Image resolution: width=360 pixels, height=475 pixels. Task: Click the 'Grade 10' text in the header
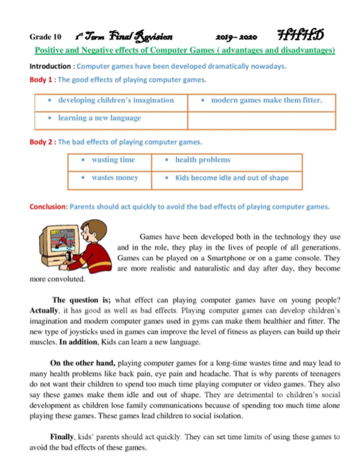(x=45, y=37)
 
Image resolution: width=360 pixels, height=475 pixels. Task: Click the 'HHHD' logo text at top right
(x=300, y=35)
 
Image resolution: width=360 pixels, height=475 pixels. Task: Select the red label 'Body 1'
(x=41, y=80)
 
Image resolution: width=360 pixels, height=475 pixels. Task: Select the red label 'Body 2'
(x=41, y=142)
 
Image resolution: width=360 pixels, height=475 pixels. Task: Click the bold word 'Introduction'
(x=50, y=66)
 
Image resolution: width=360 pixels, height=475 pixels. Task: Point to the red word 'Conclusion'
(x=48, y=207)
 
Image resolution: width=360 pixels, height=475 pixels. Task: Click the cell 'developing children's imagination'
(x=116, y=100)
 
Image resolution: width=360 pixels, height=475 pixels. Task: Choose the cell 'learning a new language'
(x=99, y=118)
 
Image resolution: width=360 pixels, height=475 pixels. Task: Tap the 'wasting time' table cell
(x=113, y=160)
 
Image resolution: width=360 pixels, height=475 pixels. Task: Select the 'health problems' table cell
(x=202, y=160)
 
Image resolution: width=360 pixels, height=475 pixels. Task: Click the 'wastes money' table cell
(x=115, y=178)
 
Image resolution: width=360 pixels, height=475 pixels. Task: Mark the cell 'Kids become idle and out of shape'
(x=232, y=178)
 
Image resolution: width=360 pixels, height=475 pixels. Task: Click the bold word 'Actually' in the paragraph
(x=44, y=311)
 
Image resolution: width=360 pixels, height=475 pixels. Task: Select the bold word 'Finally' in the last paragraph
(x=62, y=437)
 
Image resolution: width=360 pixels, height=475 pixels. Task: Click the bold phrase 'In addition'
(x=78, y=342)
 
